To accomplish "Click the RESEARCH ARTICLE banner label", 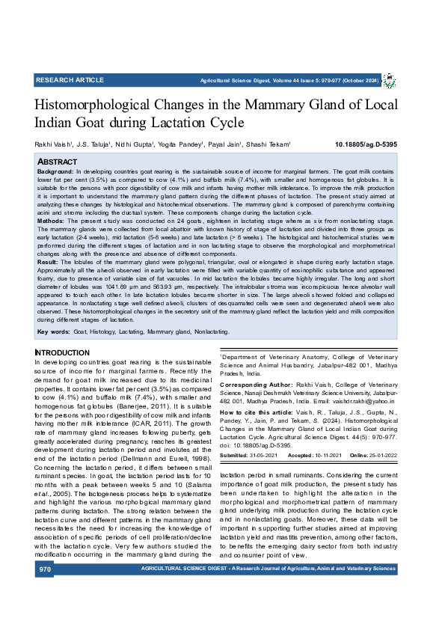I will (70, 79).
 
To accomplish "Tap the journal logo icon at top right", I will (390, 79).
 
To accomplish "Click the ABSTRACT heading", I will (57, 162).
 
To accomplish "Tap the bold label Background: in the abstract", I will (55, 172).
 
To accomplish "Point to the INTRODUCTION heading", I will (62, 352).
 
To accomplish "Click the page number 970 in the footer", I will (46, 590).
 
